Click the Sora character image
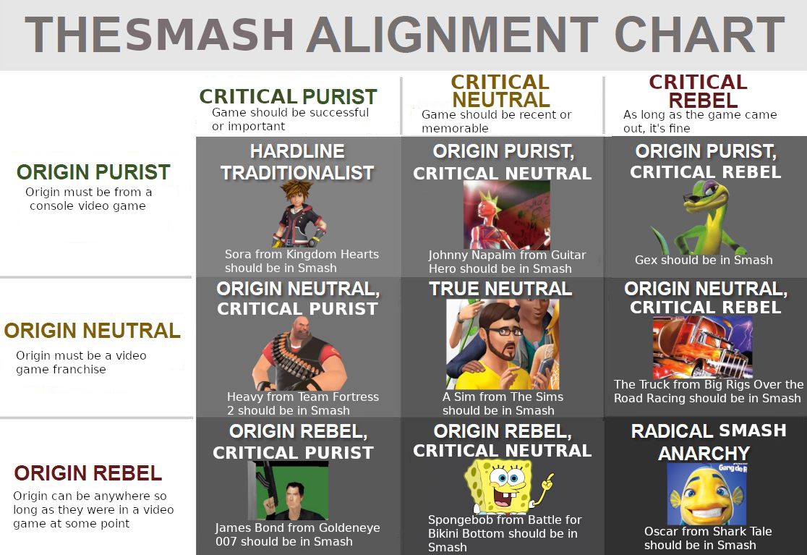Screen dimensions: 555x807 coord(298,213)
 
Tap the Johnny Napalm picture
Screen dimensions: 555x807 coord(506,215)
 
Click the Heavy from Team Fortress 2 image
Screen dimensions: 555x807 coord(298,355)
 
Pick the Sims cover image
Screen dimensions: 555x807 coord(502,344)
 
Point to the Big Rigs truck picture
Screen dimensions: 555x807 coord(702,347)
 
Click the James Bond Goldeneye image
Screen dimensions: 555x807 coord(292,490)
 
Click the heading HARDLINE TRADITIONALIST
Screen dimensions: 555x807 coord(297,162)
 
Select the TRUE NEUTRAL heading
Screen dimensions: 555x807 coord(500,289)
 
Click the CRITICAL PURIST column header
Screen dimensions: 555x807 coord(288,96)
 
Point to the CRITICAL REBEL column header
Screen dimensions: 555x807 coord(698,91)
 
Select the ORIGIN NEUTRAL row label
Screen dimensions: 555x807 coord(92,331)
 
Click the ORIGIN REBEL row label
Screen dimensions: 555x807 coord(87,474)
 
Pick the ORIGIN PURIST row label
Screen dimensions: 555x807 coord(93,172)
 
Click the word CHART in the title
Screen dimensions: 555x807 coord(699,35)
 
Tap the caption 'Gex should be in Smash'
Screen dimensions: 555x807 coord(704,260)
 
